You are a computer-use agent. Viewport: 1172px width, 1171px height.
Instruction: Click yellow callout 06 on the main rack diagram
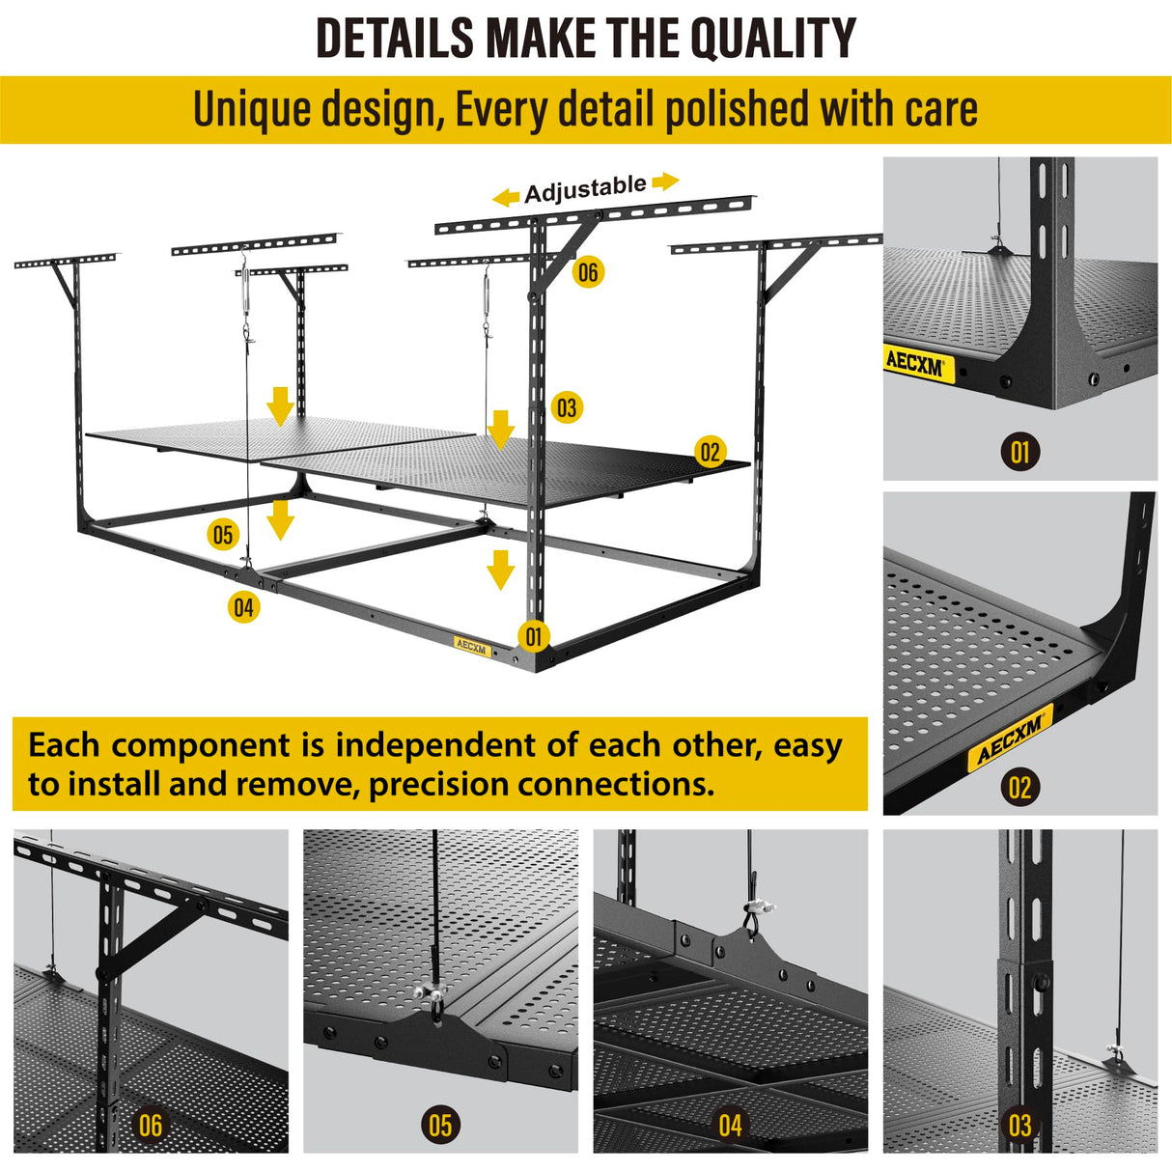587,272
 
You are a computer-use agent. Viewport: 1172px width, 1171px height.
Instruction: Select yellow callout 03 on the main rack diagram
567,407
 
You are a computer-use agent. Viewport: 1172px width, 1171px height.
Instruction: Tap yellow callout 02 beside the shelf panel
710,452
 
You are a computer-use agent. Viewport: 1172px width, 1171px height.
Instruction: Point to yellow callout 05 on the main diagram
223,534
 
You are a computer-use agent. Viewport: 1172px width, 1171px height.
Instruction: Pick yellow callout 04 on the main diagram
243,607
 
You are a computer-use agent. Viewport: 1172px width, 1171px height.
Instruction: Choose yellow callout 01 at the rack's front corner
533,636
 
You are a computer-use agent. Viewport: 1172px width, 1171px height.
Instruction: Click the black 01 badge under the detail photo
1019,452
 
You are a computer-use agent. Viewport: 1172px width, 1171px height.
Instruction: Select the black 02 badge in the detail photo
1019,788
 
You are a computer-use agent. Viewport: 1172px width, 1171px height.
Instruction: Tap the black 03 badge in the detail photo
1019,1125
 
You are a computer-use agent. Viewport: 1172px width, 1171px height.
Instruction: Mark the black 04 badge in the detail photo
730,1125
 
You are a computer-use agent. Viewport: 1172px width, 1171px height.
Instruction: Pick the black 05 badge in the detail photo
440,1125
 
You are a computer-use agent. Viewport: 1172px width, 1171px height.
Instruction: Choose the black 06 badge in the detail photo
151,1125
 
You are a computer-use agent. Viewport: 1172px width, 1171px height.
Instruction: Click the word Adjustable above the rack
585,189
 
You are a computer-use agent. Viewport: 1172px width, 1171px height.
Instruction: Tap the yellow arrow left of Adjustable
506,198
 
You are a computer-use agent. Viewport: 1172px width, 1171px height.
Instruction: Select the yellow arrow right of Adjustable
665,181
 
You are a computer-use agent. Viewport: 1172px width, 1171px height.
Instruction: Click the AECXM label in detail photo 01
914,364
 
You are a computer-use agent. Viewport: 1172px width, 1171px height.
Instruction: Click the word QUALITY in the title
772,39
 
